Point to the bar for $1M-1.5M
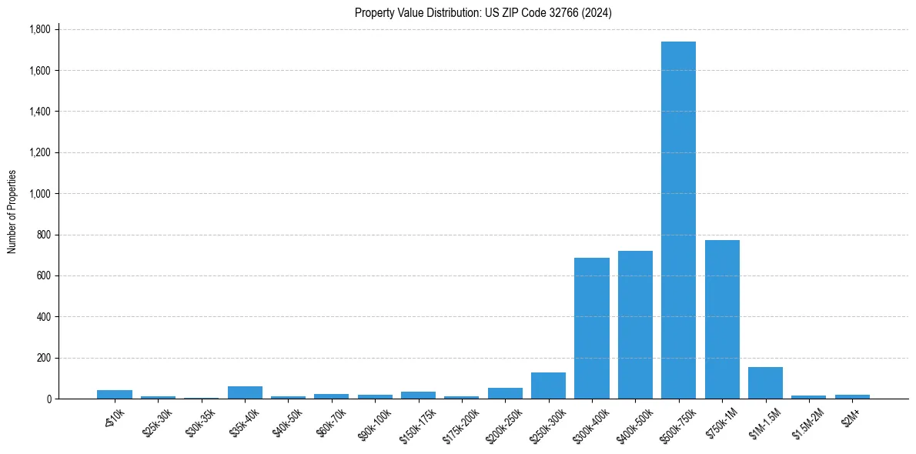765,383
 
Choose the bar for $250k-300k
548,386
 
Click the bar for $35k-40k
245,392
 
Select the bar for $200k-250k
505,393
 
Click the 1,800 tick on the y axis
40,29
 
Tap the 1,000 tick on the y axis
40,194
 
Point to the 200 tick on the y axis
44,358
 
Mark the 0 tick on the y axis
49,399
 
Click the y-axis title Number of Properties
12,212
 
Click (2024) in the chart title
598,12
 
